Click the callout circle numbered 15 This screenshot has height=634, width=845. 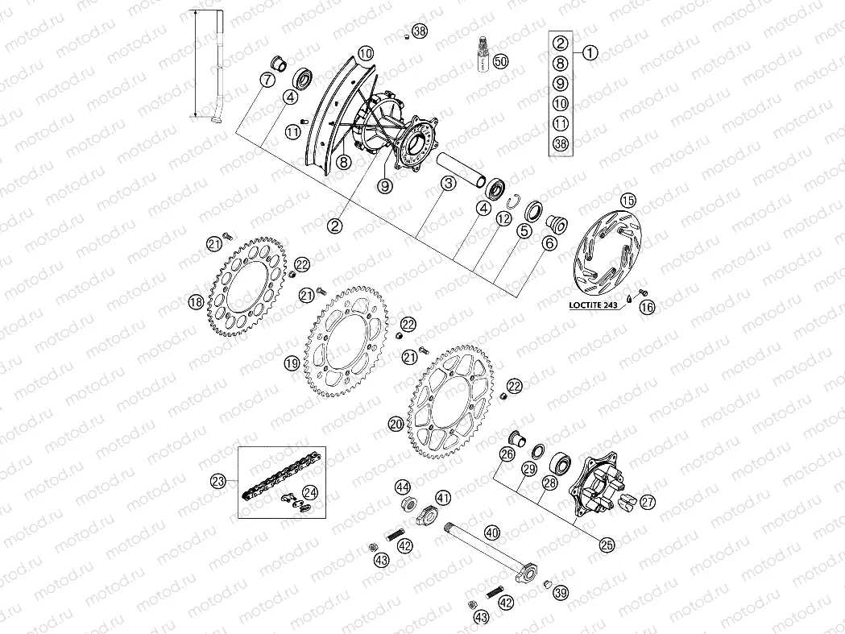pos(628,200)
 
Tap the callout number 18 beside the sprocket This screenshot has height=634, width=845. pos(195,302)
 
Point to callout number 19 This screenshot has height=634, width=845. pos(292,364)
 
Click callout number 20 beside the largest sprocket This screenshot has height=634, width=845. pos(395,423)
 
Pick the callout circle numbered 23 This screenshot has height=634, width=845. pos(217,482)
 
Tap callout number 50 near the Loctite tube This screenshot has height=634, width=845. pos(501,61)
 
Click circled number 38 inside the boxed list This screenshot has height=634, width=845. pos(561,143)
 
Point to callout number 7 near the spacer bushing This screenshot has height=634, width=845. pos(267,79)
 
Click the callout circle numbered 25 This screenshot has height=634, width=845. pos(607,545)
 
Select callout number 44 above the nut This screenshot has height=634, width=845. pos(402,487)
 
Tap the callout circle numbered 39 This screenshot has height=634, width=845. pos(561,593)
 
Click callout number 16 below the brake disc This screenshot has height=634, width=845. pos(646,306)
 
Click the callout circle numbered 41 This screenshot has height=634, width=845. pos(444,497)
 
